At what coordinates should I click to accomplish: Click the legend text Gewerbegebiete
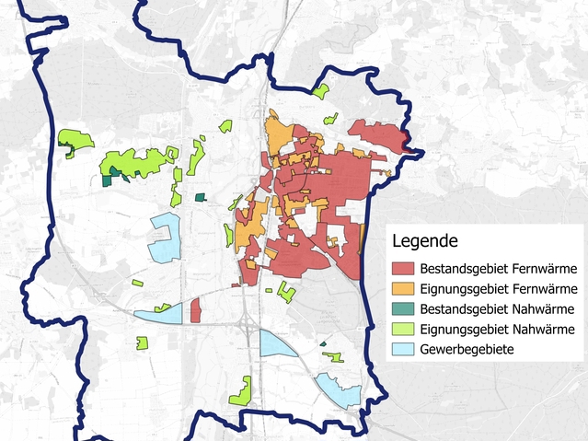click(x=467, y=350)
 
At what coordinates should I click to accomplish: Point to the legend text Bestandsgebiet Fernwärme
click(x=498, y=270)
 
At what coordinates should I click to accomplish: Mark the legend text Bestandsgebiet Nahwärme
click(x=497, y=309)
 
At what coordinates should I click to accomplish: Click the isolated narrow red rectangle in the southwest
click(x=195, y=310)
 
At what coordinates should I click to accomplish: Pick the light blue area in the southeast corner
click(x=337, y=390)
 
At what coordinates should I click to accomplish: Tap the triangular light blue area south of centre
click(x=277, y=343)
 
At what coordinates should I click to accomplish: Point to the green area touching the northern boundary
click(x=321, y=91)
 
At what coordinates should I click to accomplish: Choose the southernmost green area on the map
click(x=241, y=393)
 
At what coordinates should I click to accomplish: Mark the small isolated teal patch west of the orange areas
click(x=202, y=196)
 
